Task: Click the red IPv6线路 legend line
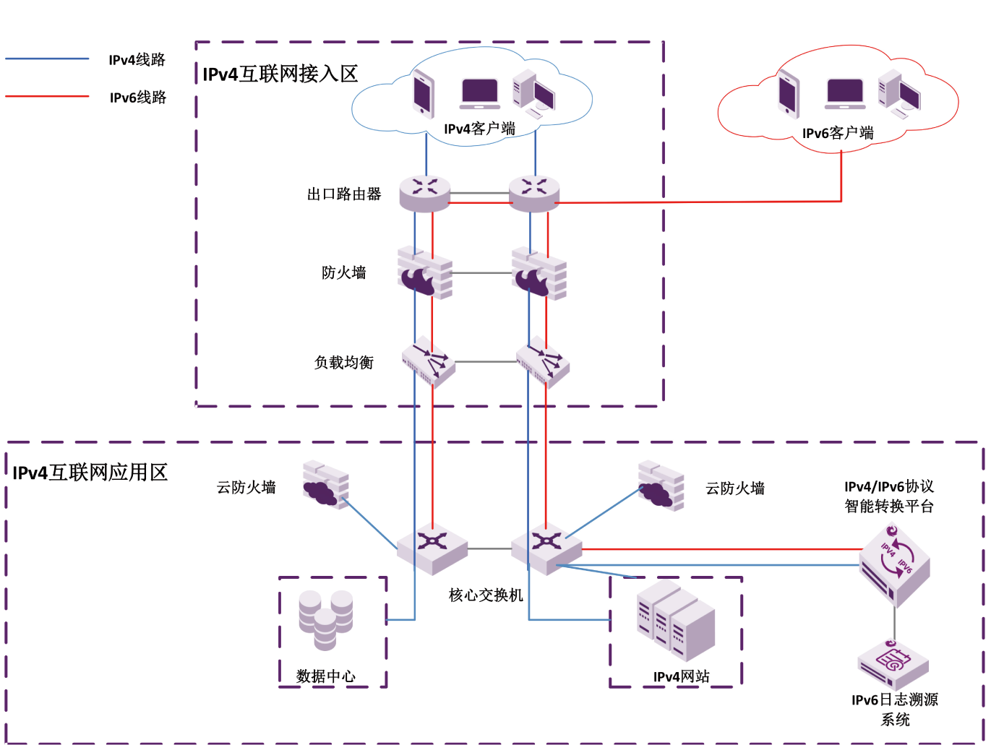(47, 96)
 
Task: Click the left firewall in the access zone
(425, 273)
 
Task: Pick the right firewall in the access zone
(539, 273)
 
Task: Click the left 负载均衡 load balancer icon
(429, 361)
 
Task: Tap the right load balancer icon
(543, 361)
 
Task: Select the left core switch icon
(432, 548)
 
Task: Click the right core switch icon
(546, 548)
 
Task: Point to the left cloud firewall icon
(326, 484)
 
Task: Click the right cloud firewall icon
(661, 486)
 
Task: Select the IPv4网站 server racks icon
(676, 621)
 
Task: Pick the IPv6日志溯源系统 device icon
(893, 664)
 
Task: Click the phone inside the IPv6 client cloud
(789, 95)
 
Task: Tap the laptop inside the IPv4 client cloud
(480, 94)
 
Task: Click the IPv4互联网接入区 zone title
(280, 74)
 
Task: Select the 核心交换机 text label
(486, 595)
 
